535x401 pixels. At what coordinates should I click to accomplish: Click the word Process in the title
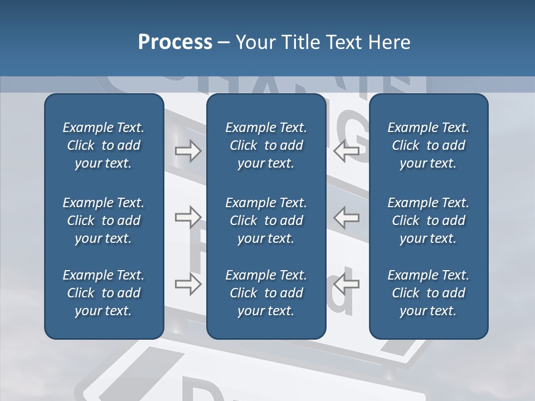click(175, 42)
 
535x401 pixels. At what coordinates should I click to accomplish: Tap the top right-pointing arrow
click(188, 151)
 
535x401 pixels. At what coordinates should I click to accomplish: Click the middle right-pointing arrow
click(188, 218)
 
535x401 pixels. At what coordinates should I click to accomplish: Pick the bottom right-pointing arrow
click(188, 284)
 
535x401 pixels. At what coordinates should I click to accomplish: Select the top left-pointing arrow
click(346, 151)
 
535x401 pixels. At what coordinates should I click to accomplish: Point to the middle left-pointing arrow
click(346, 218)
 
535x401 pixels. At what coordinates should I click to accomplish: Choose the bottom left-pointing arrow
click(346, 284)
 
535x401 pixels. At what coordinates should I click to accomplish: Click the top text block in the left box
click(104, 145)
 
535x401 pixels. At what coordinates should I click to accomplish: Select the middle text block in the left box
click(104, 221)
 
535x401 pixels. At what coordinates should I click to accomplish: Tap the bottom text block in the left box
click(104, 293)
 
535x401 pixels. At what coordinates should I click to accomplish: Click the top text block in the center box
click(266, 145)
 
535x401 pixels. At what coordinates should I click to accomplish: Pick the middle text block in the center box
click(266, 221)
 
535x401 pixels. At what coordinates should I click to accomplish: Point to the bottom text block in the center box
click(266, 293)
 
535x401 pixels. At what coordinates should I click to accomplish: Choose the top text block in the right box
click(428, 145)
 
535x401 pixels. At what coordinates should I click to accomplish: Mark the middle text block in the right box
click(428, 221)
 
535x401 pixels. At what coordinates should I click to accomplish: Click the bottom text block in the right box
click(428, 293)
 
